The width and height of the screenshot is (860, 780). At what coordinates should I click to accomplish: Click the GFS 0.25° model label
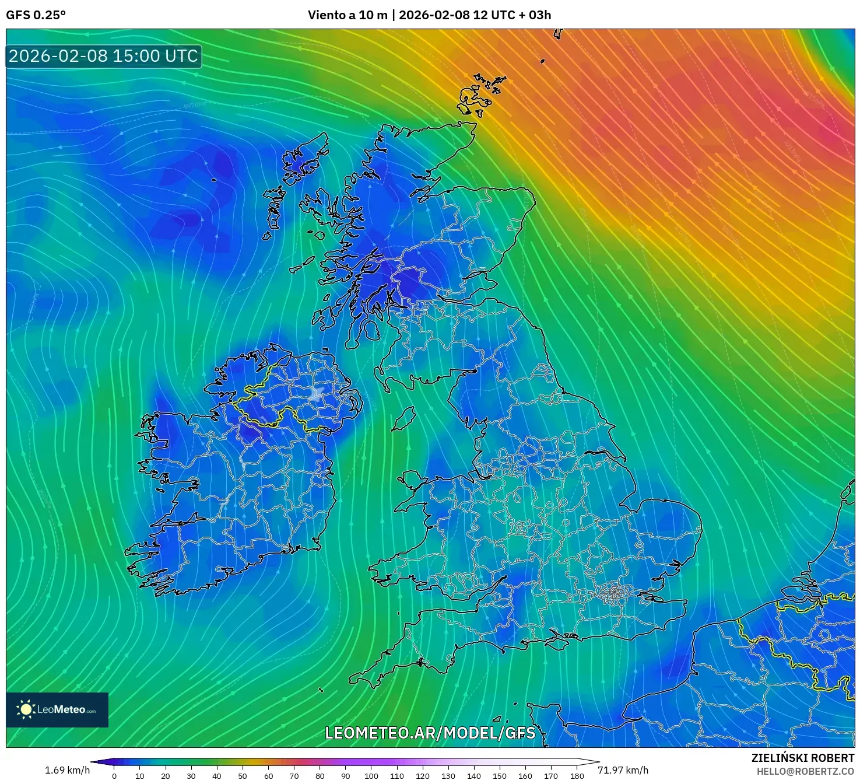tap(36, 15)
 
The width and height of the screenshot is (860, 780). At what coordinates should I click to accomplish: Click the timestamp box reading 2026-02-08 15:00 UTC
tap(104, 56)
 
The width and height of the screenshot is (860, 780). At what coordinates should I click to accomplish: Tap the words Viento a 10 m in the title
tap(347, 15)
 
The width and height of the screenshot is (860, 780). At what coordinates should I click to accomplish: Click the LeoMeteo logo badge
tap(57, 709)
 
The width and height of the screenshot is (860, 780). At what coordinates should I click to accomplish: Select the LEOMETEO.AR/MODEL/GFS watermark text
tap(430, 733)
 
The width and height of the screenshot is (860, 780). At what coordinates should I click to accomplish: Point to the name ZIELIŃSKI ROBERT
tap(802, 758)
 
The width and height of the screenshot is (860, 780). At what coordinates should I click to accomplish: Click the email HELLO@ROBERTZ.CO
tap(805, 771)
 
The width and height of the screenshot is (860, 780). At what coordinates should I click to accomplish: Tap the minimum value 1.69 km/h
tap(67, 770)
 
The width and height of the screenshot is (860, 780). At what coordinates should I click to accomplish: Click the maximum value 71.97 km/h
tap(623, 770)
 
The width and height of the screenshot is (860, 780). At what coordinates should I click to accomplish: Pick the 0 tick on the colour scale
tap(114, 776)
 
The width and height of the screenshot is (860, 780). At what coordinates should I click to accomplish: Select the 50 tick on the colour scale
tap(243, 776)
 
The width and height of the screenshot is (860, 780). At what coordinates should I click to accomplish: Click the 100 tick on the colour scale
tap(371, 776)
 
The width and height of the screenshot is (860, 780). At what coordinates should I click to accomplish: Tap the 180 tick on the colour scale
tap(577, 776)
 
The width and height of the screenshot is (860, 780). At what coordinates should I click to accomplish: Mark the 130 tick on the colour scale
tap(448, 776)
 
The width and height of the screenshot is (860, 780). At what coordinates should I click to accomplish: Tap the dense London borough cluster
tap(612, 594)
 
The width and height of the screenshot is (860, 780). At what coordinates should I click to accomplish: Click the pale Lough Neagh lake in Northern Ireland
tap(317, 393)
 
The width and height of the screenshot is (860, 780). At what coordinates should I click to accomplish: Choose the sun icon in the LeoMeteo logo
tap(26, 709)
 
